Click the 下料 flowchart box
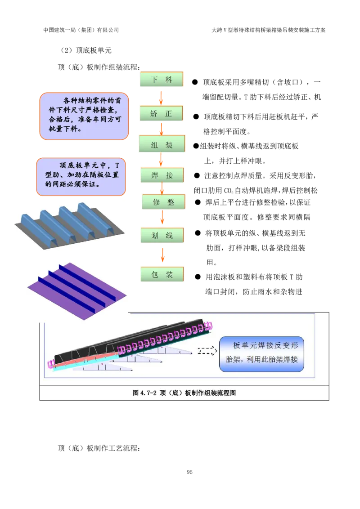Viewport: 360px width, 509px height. pyautogui.click(x=162, y=80)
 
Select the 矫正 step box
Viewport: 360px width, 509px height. pyautogui.click(x=162, y=114)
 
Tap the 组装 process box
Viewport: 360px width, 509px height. pyautogui.click(x=162, y=145)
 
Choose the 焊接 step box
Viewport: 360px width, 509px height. pyautogui.click(x=162, y=175)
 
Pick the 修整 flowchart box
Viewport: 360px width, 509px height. pyautogui.click(x=163, y=202)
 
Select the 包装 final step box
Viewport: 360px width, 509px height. pyautogui.click(x=162, y=274)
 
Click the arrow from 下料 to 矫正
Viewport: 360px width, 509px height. pyautogui.click(x=161, y=97)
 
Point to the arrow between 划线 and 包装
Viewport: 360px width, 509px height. pyautogui.click(x=162, y=255)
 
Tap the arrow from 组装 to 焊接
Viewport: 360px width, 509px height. pyautogui.click(x=161, y=160)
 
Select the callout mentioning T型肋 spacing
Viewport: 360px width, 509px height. pyautogui.click(x=81, y=177)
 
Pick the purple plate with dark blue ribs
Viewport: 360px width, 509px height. pyautogui.click(x=76, y=290)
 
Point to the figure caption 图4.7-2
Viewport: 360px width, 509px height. pyautogui.click(x=184, y=393)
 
